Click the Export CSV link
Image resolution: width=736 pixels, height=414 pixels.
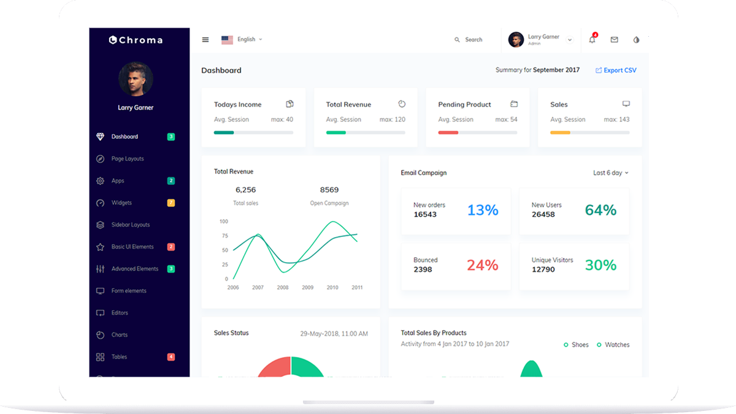click(616, 70)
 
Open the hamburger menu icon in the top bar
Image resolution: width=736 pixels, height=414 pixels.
click(205, 40)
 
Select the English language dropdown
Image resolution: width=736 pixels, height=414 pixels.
click(242, 40)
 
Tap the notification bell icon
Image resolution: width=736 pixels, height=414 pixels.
click(592, 40)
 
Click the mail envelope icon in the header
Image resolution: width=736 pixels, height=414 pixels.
click(614, 40)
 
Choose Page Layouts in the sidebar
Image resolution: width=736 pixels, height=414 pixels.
click(128, 159)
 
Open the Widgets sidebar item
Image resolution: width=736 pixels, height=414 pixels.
click(121, 203)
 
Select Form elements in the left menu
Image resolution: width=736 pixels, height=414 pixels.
click(129, 291)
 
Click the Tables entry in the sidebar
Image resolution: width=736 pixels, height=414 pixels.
click(119, 357)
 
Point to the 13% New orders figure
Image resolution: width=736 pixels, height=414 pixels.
click(483, 210)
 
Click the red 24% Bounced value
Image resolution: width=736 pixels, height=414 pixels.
click(483, 265)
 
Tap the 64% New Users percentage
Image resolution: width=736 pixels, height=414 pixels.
click(600, 210)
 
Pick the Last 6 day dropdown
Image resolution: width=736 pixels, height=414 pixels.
click(610, 173)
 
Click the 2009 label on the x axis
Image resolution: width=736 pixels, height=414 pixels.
click(307, 287)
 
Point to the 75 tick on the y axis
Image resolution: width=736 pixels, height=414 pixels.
click(224, 236)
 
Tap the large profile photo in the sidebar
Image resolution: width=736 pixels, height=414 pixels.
click(136, 78)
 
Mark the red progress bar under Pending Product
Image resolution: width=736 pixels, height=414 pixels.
click(448, 132)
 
